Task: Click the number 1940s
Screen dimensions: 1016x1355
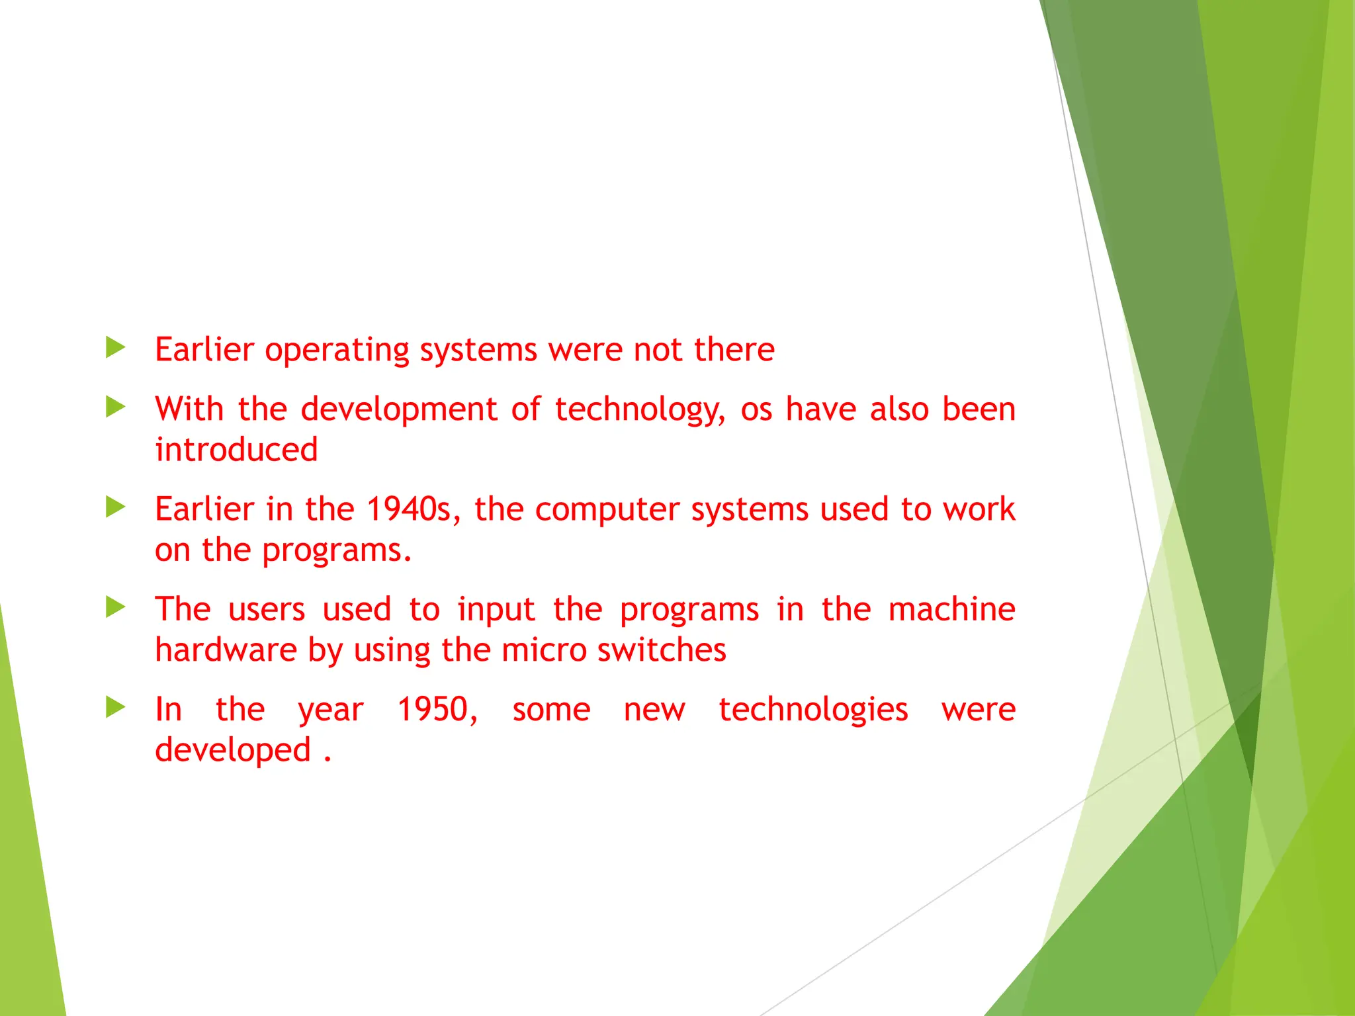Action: [x=409, y=509]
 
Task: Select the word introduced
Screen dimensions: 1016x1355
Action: [x=236, y=450]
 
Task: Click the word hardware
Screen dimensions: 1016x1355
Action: [x=226, y=650]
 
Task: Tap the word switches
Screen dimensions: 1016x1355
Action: [x=662, y=650]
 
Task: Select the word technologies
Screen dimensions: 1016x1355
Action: [x=813, y=710]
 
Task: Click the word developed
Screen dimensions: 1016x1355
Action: [x=232, y=751]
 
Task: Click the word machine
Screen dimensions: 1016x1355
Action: [x=951, y=609]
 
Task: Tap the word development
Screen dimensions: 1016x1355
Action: [x=398, y=409]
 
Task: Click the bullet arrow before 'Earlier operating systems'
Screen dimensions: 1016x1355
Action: [x=115, y=347]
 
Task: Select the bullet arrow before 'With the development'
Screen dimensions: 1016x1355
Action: [x=115, y=407]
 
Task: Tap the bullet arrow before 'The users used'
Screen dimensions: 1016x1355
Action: [x=115, y=607]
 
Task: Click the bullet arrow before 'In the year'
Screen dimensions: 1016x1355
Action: [x=115, y=707]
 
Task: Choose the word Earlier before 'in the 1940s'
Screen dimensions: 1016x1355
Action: [x=204, y=509]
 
